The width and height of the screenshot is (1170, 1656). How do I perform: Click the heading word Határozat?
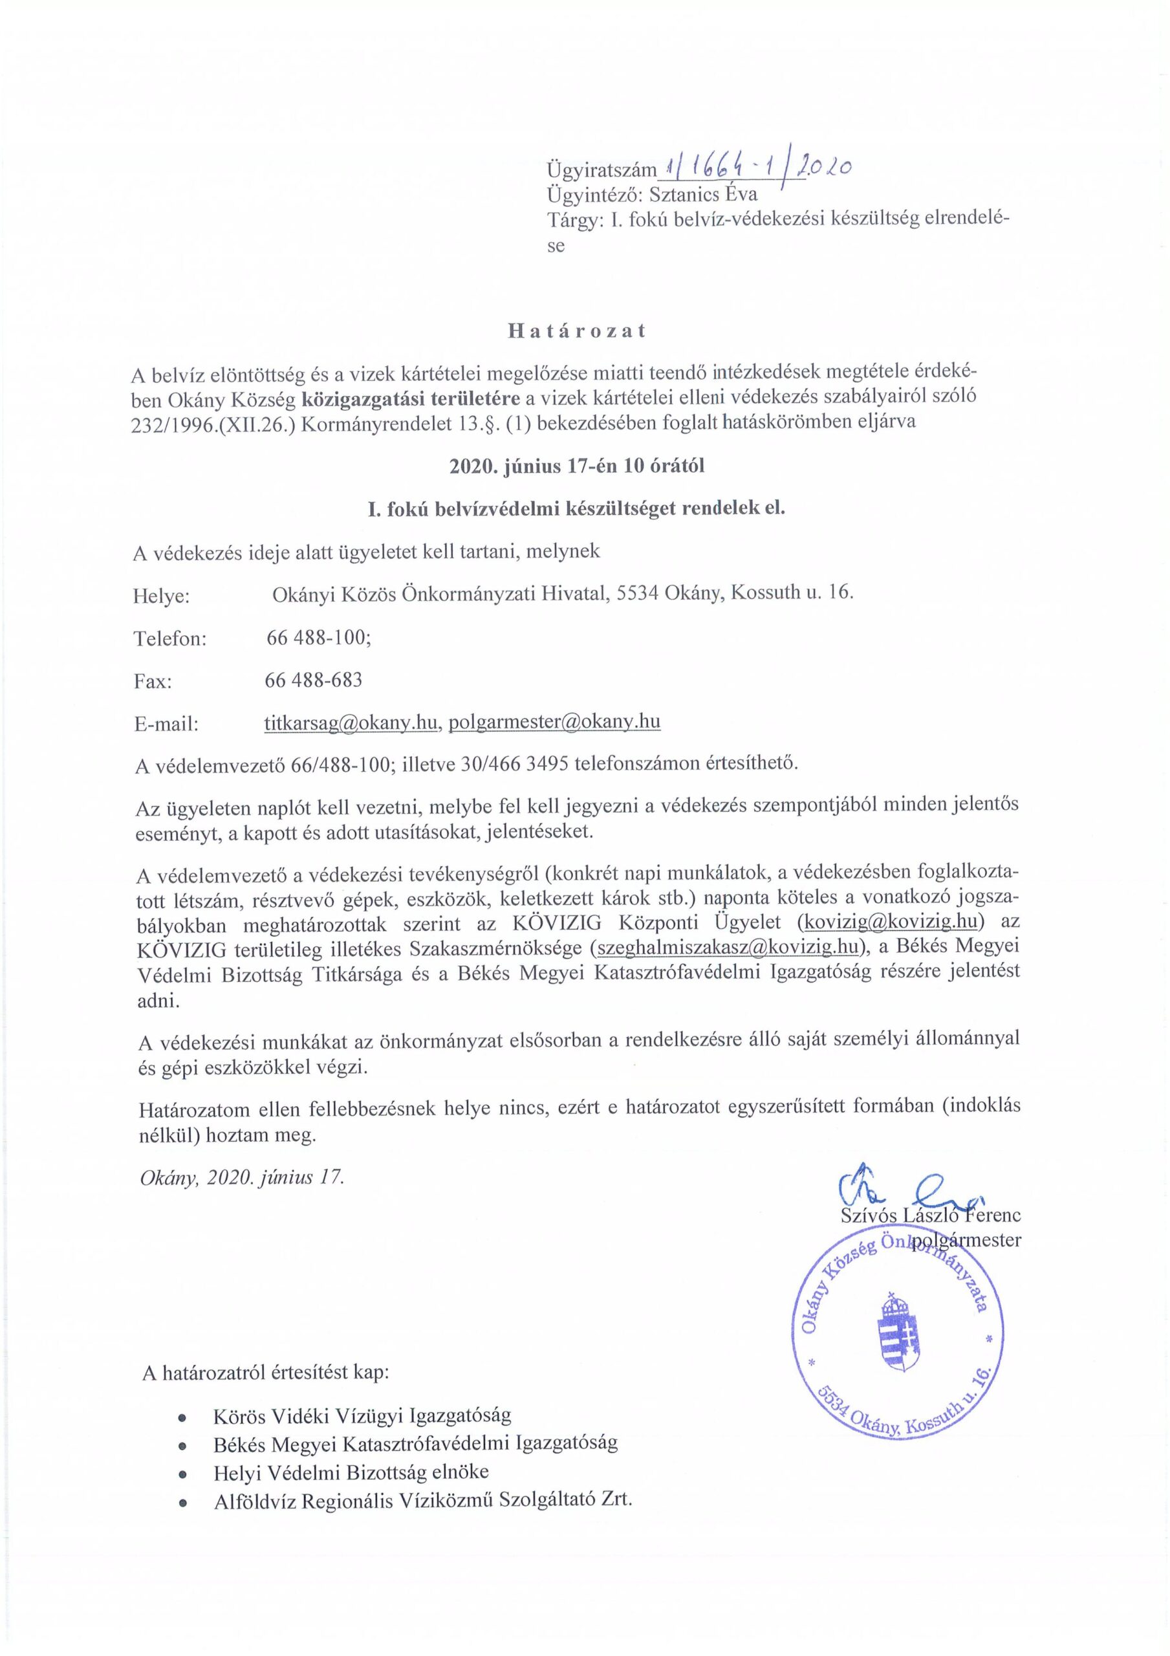tap(576, 331)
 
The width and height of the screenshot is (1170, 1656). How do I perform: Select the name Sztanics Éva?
tap(703, 195)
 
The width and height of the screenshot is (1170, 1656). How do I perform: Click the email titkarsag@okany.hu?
tap(351, 722)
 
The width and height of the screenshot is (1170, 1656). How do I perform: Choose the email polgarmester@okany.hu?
tap(554, 722)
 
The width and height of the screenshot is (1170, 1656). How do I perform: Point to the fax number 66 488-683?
tap(313, 679)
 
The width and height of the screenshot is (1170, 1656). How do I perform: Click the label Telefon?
tap(169, 638)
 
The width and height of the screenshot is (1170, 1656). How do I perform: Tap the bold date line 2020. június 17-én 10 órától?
tap(576, 466)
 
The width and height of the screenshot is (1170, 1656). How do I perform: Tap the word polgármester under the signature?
tap(966, 1241)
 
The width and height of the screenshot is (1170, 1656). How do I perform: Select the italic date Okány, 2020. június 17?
tap(242, 1178)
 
